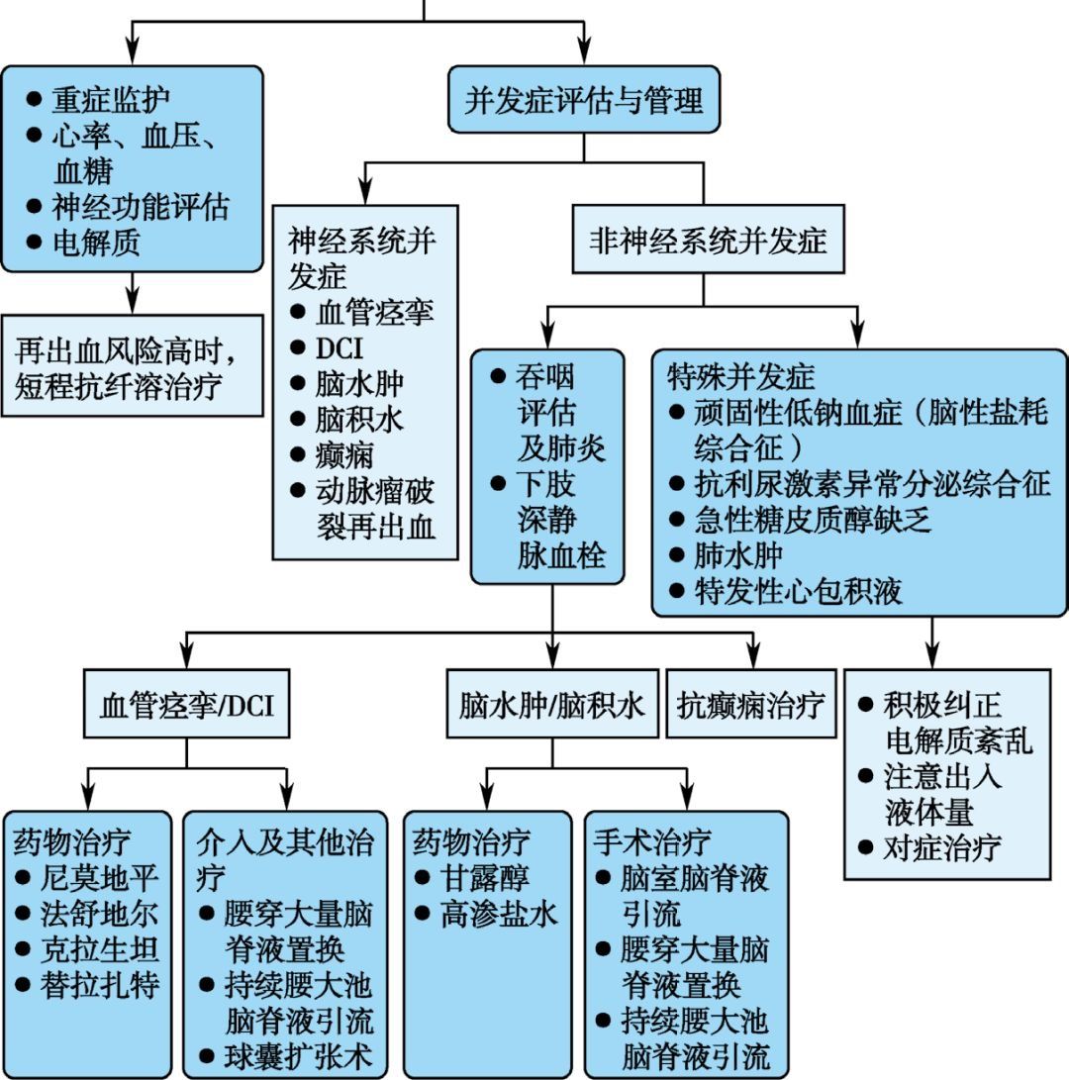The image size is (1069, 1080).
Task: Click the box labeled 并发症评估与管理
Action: point(583,100)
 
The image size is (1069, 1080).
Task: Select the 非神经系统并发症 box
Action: point(708,241)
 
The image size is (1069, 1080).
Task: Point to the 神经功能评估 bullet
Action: point(140,206)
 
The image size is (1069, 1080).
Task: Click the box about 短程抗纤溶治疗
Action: point(132,366)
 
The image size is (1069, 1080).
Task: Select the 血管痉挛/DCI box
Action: point(186,705)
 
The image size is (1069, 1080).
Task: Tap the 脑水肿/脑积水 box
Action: point(551,705)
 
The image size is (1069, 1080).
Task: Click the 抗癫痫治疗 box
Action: point(751,705)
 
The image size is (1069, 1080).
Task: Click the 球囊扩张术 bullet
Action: point(298,1056)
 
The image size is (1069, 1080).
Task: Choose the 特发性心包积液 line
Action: point(798,591)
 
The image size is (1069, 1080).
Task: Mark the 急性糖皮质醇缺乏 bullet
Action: point(813,519)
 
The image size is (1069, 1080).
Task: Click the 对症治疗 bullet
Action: point(941,847)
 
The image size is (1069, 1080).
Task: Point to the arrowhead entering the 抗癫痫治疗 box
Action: point(753,656)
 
